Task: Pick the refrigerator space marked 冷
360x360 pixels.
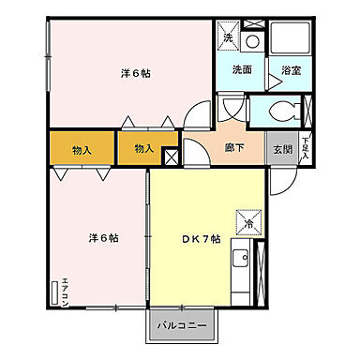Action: pyautogui.click(x=250, y=222)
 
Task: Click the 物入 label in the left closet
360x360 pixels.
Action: pyautogui.click(x=81, y=149)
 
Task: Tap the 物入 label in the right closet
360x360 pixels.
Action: pyautogui.click(x=143, y=149)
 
